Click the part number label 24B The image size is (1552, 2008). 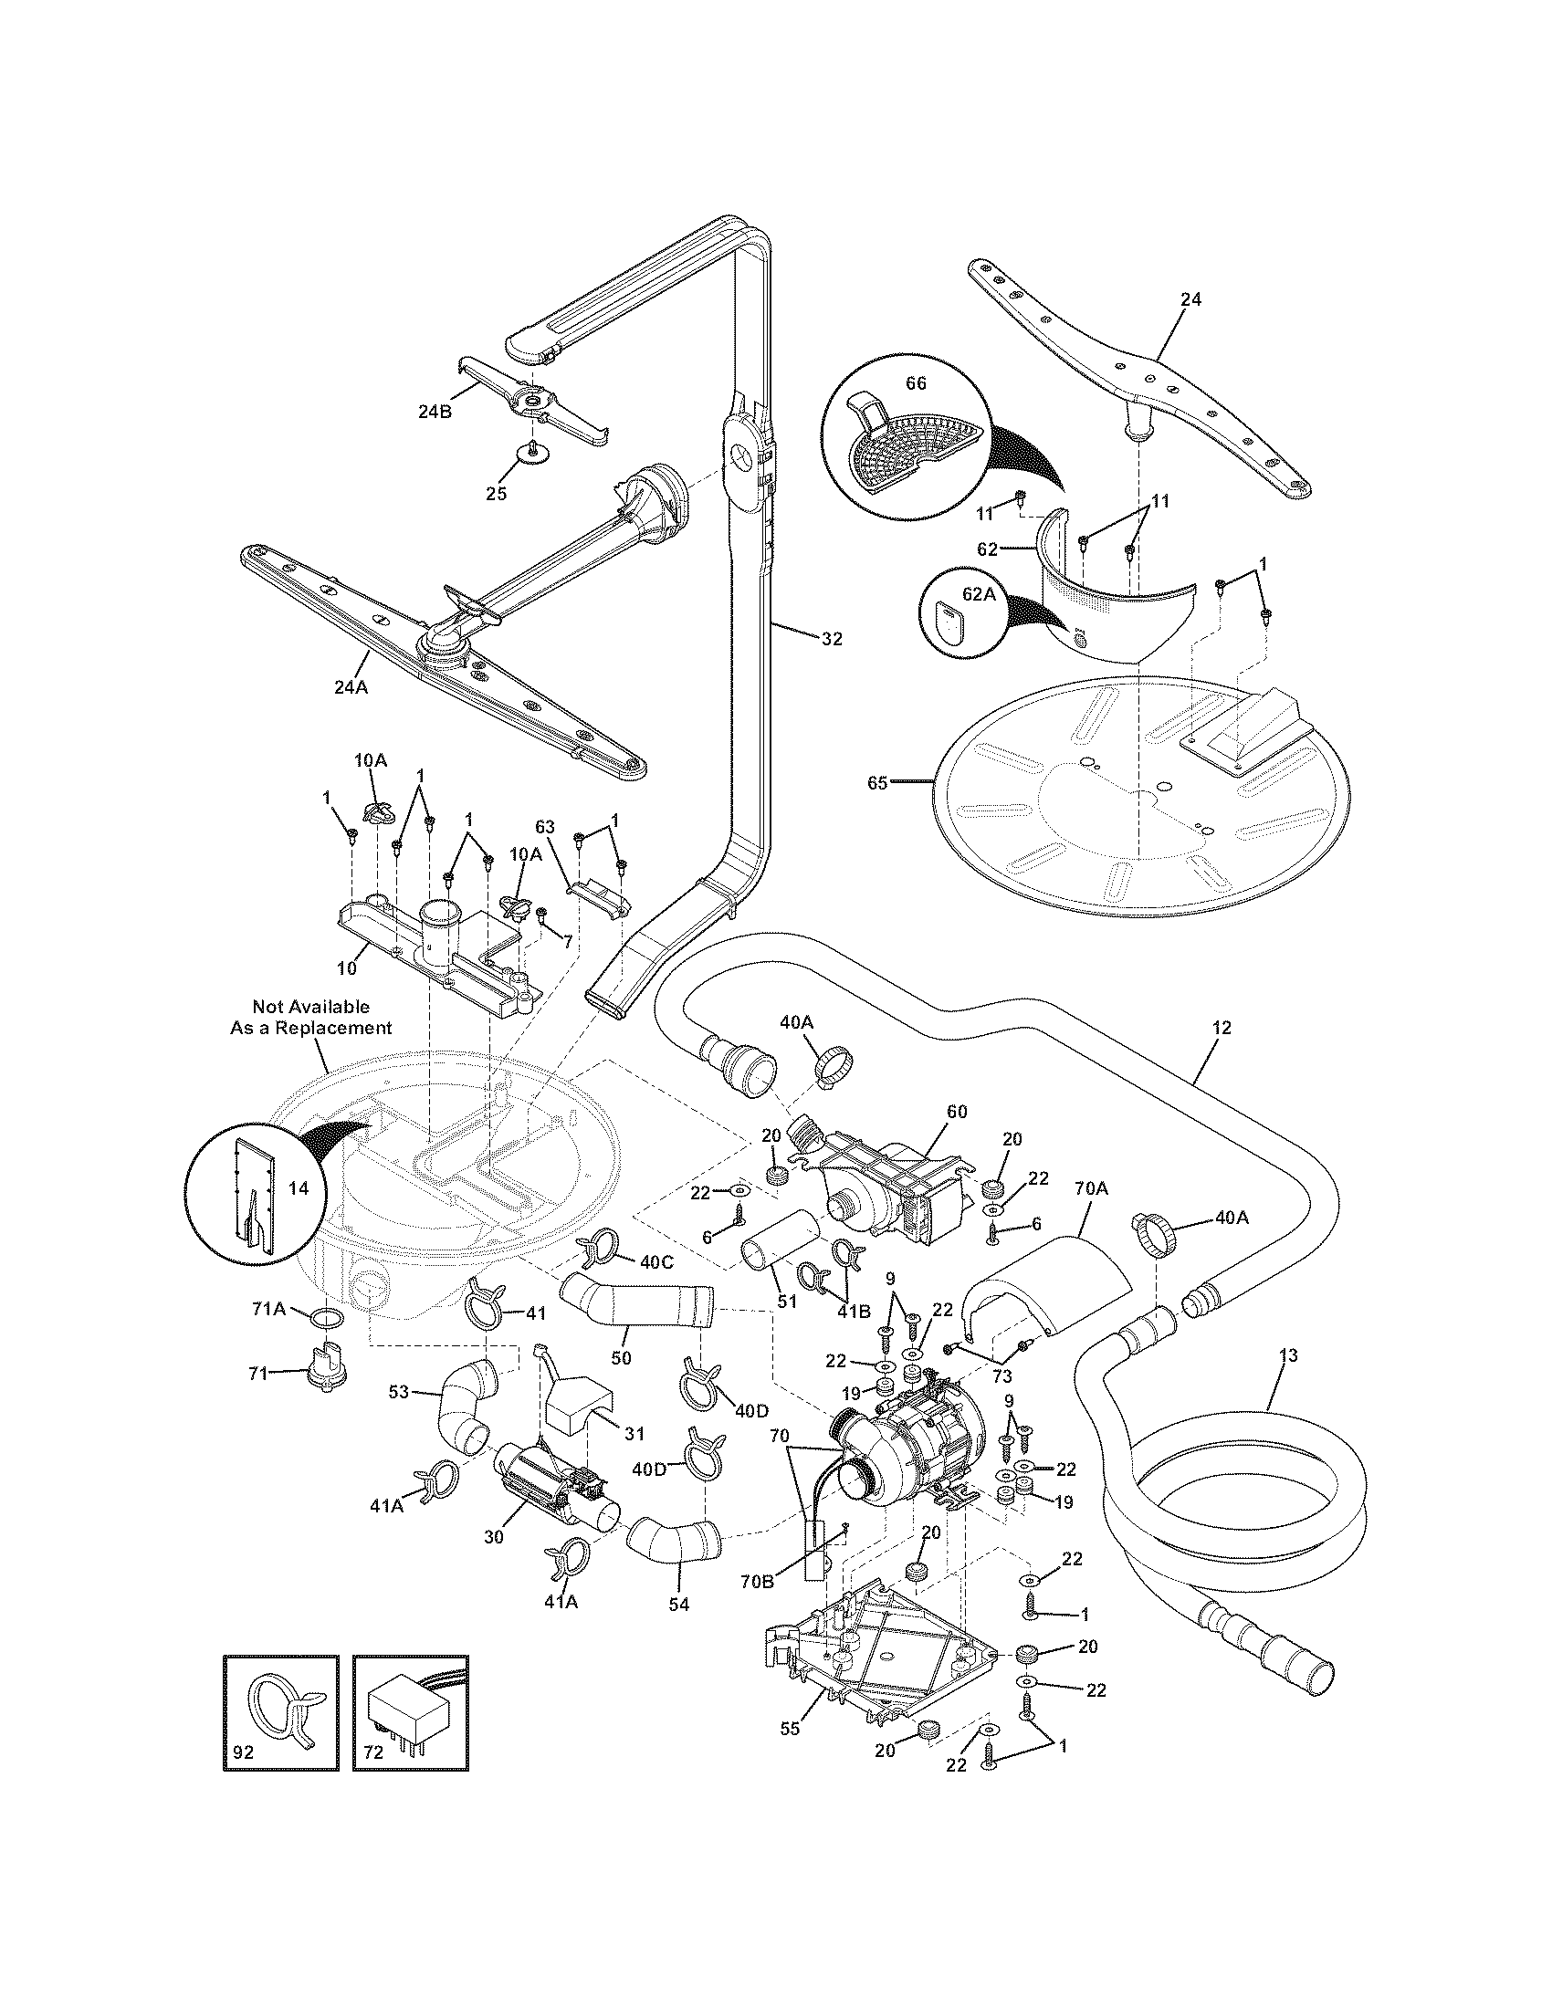tap(435, 412)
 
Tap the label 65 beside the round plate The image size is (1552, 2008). tap(877, 782)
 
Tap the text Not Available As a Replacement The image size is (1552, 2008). tap(310, 1017)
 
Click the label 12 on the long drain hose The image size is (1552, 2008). tap(1221, 1028)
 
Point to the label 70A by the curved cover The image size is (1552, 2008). tap(1090, 1188)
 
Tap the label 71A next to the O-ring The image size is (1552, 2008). tap(269, 1309)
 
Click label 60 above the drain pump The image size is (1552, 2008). tap(958, 1112)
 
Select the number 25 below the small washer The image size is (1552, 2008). tap(496, 494)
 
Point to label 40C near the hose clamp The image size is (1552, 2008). tap(656, 1262)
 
